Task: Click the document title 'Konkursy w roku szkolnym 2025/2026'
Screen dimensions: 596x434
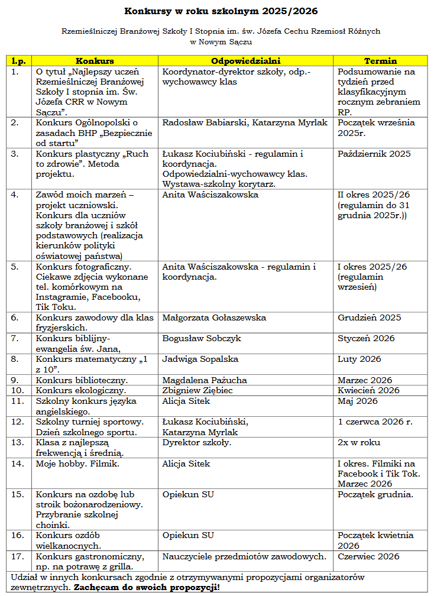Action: (x=216, y=11)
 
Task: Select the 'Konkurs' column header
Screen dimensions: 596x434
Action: (x=95, y=61)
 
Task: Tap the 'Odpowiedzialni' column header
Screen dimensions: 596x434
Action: (x=246, y=61)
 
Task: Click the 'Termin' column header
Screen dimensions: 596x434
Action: (x=380, y=61)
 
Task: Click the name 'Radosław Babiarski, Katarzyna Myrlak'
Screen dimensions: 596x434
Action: (x=244, y=123)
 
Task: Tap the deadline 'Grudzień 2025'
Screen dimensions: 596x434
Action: (x=369, y=318)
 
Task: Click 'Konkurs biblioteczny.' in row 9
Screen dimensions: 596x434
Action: (x=82, y=380)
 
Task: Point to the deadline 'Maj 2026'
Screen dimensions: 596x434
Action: (x=357, y=401)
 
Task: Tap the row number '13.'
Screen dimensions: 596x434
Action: (x=18, y=442)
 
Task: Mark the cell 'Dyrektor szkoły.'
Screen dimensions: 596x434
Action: (x=197, y=442)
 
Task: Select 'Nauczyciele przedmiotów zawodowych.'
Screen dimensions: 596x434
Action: (x=244, y=556)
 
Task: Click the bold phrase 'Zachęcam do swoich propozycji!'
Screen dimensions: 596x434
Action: (x=146, y=587)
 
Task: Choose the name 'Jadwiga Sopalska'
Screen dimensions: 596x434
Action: (x=200, y=359)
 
